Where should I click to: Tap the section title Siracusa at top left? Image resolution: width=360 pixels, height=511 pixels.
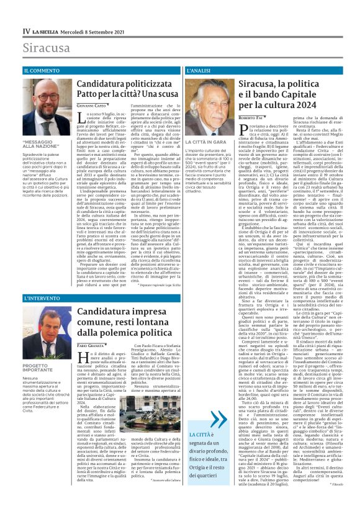43,48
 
